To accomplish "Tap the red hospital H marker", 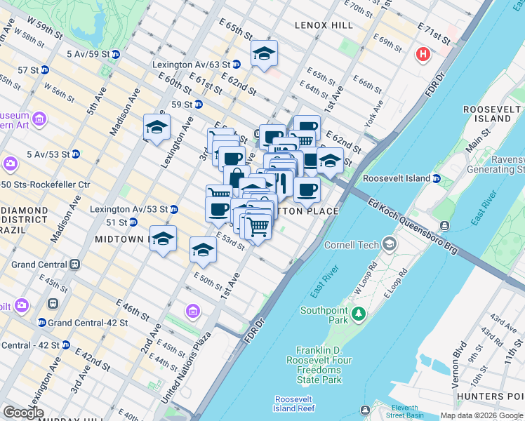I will point(423,53).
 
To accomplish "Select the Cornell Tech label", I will point(352,245).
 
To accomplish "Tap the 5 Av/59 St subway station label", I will point(88,53).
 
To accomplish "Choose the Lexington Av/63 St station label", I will point(191,65).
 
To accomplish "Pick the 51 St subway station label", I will point(117,222).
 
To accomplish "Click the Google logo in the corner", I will point(22,413).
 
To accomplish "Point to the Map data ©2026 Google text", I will point(481,415).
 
